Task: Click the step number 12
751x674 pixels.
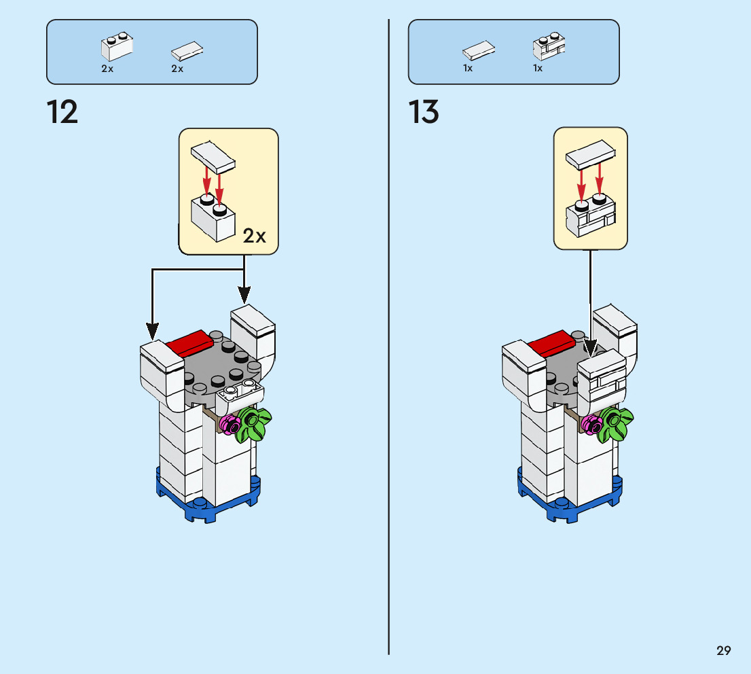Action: pyautogui.click(x=62, y=112)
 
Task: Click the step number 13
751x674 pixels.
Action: pyautogui.click(x=424, y=112)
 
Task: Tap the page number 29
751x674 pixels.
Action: pyautogui.click(x=723, y=651)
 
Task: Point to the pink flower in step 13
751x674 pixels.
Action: pyautogui.click(x=592, y=424)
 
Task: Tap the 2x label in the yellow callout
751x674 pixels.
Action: pyautogui.click(x=255, y=236)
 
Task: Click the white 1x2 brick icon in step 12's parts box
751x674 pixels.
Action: pyautogui.click(x=116, y=47)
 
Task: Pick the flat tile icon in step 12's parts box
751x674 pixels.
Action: pyautogui.click(x=187, y=51)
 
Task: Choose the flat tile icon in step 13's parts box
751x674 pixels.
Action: pyautogui.click(x=479, y=51)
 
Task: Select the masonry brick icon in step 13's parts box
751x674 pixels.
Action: pyautogui.click(x=549, y=47)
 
